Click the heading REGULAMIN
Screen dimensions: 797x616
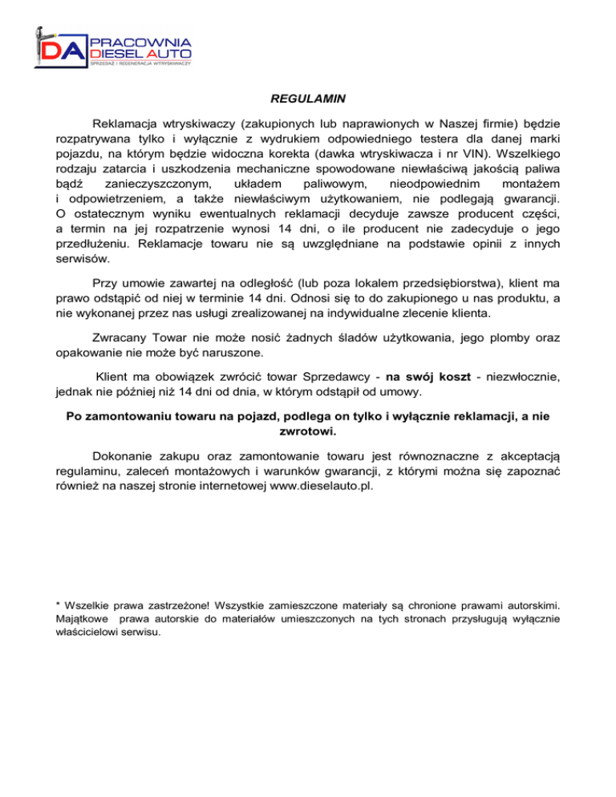308,100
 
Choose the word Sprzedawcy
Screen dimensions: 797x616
307,377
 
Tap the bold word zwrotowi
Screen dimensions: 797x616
307,430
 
